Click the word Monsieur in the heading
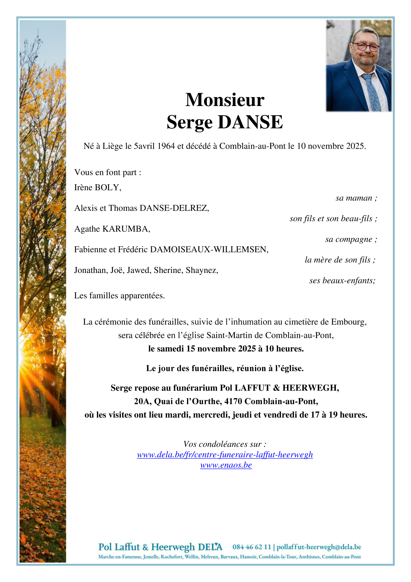click(x=225, y=100)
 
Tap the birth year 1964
click(x=166, y=146)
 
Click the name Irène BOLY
click(x=98, y=188)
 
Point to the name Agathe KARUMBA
click(x=112, y=229)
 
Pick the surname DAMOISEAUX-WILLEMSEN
click(x=209, y=249)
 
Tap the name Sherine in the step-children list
click(x=168, y=270)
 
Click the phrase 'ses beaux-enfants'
click(x=342, y=281)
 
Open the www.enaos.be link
click(x=226, y=465)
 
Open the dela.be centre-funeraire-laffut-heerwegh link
click(x=225, y=455)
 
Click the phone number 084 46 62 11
click(x=251, y=547)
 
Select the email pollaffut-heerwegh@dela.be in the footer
click(x=319, y=547)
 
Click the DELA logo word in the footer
click(x=210, y=547)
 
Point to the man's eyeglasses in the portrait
click(x=366, y=47)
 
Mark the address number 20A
click(x=141, y=401)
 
